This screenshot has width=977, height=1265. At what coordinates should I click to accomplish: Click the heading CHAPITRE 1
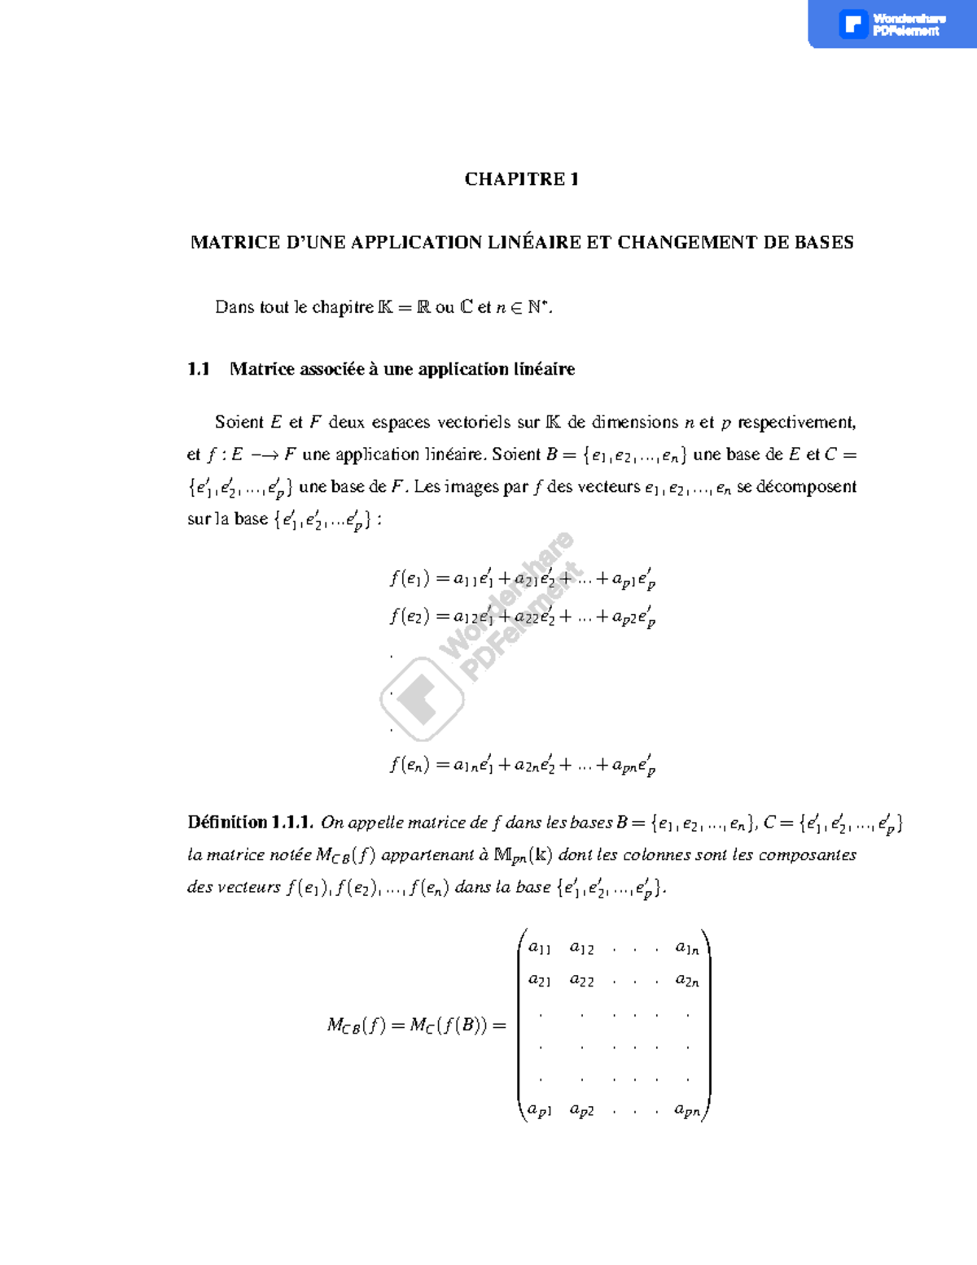(521, 179)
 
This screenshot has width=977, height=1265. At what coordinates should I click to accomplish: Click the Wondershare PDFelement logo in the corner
(891, 24)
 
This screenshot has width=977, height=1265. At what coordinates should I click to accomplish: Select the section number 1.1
(199, 369)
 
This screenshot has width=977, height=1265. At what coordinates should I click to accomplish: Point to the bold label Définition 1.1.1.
(250, 822)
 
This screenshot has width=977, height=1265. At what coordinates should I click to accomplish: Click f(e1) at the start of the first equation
(409, 579)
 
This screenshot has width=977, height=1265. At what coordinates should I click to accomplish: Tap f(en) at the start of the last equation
(409, 765)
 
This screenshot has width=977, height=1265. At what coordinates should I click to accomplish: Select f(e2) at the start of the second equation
(409, 617)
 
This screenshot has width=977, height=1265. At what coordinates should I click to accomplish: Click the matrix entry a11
(539, 948)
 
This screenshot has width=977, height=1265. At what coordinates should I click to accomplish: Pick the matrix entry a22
(581, 981)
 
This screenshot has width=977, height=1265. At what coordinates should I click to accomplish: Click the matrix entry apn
(687, 1110)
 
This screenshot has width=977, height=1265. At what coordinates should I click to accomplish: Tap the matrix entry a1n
(687, 948)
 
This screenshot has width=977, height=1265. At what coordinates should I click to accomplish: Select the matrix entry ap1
(539, 1110)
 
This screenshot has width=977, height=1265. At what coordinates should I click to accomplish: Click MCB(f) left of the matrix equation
(356, 1026)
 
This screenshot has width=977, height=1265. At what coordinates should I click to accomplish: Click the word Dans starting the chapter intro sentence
(234, 307)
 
